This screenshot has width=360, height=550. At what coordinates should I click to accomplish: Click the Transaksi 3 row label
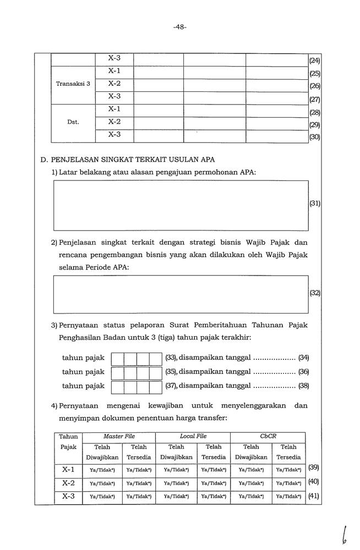click(73, 84)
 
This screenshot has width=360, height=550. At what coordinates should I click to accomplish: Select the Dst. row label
click(73, 122)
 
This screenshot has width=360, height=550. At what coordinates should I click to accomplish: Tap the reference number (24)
click(315, 61)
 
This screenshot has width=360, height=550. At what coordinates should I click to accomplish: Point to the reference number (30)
click(315, 137)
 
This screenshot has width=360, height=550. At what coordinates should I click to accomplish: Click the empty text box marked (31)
click(181, 205)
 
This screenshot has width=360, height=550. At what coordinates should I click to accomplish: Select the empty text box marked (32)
click(181, 294)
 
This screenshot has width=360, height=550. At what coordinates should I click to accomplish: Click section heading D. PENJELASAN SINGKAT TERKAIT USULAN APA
click(128, 160)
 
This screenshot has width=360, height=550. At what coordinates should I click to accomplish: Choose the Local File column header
click(193, 436)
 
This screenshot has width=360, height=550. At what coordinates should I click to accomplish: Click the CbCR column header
click(268, 436)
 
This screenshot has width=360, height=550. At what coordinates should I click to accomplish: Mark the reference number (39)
click(314, 468)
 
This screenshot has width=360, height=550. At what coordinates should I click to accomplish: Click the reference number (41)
click(314, 496)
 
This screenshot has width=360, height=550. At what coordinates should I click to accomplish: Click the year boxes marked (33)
click(137, 358)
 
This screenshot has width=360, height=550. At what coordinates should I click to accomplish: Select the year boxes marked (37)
click(137, 386)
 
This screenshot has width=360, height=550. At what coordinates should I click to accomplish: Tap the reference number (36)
click(303, 372)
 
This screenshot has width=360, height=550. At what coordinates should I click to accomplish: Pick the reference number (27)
click(315, 100)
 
